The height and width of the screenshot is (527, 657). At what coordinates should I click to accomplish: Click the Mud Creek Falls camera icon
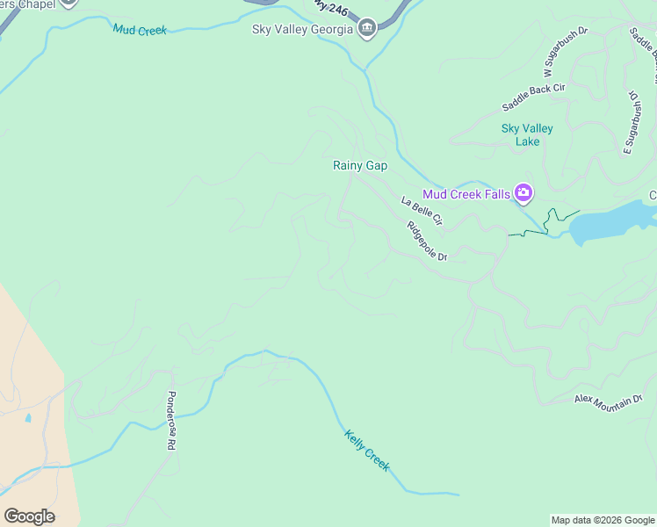[523, 192]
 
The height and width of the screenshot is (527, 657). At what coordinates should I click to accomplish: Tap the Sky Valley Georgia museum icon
[367, 29]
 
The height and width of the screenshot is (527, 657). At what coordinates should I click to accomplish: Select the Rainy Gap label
[359, 165]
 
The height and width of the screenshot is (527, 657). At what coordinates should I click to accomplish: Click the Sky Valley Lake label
[527, 134]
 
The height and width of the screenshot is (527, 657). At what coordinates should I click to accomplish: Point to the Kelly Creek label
[366, 451]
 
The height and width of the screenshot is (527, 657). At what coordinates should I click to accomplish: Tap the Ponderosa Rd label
[170, 421]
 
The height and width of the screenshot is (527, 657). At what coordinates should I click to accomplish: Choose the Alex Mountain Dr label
[608, 403]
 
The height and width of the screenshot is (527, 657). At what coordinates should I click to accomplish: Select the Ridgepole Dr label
[428, 241]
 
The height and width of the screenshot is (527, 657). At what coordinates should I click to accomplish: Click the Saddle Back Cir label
[533, 97]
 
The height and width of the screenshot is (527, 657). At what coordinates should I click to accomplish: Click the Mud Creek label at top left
[139, 30]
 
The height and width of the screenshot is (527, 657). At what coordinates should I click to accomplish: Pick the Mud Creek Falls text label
[466, 194]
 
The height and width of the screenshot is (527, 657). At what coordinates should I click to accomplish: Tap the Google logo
[29, 516]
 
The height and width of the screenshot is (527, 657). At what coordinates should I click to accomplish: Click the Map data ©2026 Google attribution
[603, 520]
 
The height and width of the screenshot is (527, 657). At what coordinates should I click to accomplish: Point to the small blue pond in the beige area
[28, 418]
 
